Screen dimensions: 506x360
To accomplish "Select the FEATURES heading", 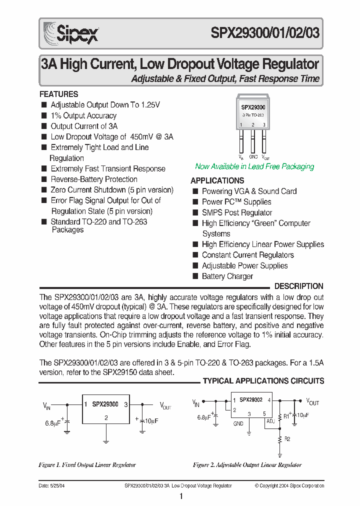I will click(x=58, y=94).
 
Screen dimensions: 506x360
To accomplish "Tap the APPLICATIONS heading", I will click(x=217, y=180).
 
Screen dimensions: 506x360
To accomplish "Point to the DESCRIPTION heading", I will click(x=299, y=286).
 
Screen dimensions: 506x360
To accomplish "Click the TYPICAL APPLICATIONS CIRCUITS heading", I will click(x=263, y=381).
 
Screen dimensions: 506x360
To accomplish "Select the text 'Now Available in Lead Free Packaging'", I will click(x=254, y=166).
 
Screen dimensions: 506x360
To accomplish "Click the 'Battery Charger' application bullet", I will click(x=227, y=276).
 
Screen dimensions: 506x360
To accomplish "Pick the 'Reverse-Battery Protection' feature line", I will click(x=93, y=179).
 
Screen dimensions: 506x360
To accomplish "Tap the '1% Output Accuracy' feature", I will click(x=83, y=115).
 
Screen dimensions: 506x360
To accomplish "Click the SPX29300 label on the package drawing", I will click(x=253, y=107).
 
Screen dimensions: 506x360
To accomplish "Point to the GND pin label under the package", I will click(x=253, y=157).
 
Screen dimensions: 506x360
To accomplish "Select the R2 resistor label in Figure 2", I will click(x=287, y=438).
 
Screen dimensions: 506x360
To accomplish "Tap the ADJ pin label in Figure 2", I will click(x=270, y=421).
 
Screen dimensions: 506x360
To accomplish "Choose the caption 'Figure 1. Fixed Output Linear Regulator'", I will click(x=87, y=465).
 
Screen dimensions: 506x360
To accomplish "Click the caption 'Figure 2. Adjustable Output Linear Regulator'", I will click(x=247, y=465).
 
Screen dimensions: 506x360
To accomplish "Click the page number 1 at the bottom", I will click(x=180, y=496).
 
